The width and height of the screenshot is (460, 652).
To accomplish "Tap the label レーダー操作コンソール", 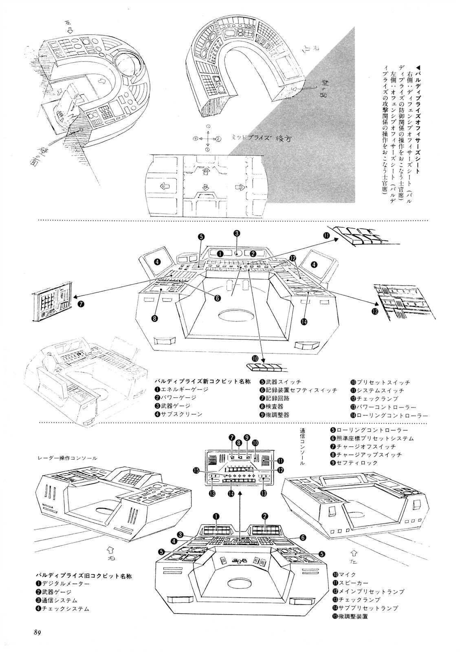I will [67, 458].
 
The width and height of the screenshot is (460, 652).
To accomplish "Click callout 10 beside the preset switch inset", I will [255, 359].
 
